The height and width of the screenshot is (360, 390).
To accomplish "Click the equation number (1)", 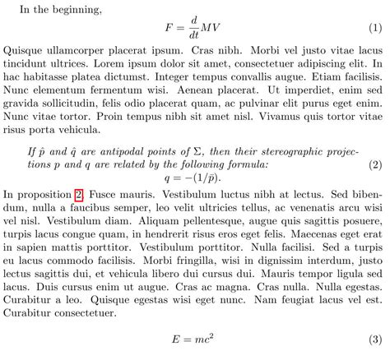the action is [x=375, y=29].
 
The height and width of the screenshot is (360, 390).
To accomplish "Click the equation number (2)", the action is [x=375, y=164].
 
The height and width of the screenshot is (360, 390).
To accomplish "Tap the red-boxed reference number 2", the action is [x=78, y=194].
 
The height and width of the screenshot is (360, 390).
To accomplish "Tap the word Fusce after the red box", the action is [x=102, y=194].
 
